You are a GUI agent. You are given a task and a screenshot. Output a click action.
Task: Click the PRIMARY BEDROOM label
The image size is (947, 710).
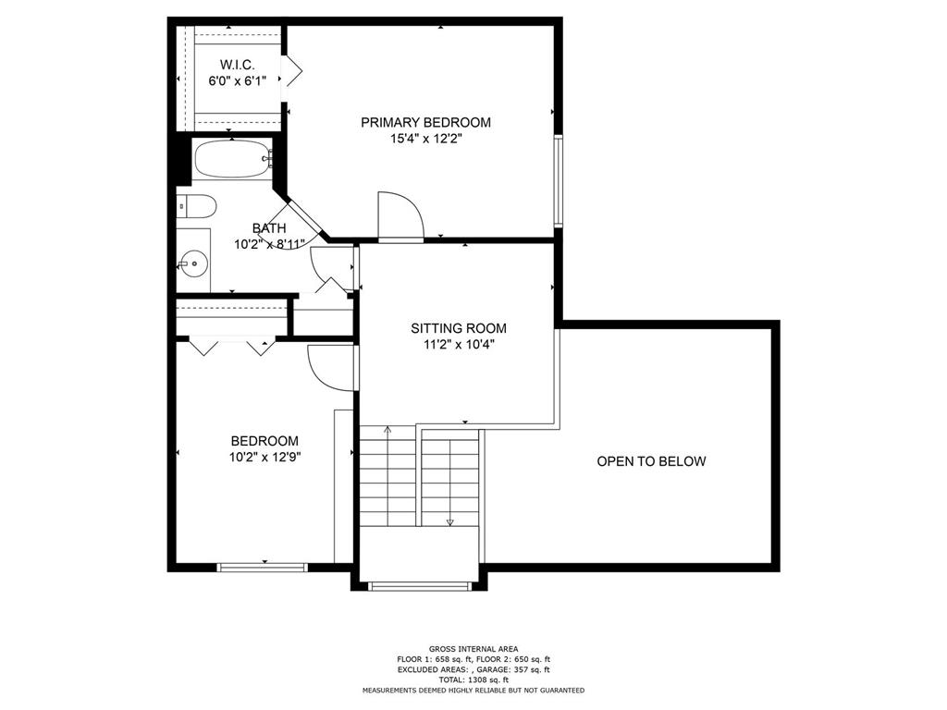coord(425,122)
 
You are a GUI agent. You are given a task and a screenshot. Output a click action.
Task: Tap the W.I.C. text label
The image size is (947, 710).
coord(237,64)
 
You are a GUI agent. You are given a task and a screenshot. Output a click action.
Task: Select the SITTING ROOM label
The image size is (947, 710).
coord(459,328)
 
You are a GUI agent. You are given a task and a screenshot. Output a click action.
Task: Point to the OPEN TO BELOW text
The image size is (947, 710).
coord(651,461)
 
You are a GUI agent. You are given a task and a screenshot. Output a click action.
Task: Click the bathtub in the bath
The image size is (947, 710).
coord(232,159)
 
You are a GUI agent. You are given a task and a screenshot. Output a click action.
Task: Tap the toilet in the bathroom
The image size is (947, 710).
coord(197,205)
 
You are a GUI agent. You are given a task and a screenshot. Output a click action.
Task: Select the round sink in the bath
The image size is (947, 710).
coord(194,263)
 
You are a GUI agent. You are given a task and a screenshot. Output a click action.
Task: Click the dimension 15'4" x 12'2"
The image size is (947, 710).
coord(425,139)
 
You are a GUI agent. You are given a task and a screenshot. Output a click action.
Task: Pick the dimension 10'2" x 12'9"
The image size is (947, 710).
coord(264,457)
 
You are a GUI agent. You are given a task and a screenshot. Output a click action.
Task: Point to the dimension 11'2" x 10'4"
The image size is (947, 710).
coord(459,345)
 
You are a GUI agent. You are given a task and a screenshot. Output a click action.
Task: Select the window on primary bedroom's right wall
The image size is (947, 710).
coord(558,180)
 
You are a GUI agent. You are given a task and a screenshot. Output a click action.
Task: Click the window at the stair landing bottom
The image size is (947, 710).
coord(419,585)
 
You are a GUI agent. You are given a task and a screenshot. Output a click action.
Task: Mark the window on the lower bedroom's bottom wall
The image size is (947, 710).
coord(262,567)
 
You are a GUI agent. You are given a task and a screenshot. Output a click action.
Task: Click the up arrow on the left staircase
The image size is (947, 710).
coord(387,431)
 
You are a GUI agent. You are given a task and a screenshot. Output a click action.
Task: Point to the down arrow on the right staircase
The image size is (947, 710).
coord(450,520)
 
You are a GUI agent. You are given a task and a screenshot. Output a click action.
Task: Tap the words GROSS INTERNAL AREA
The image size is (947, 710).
coord(473,648)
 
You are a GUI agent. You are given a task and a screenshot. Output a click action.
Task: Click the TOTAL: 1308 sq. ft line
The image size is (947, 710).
coord(473,679)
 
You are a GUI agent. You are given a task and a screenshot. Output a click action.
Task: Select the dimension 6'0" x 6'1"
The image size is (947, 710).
coord(237,80)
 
